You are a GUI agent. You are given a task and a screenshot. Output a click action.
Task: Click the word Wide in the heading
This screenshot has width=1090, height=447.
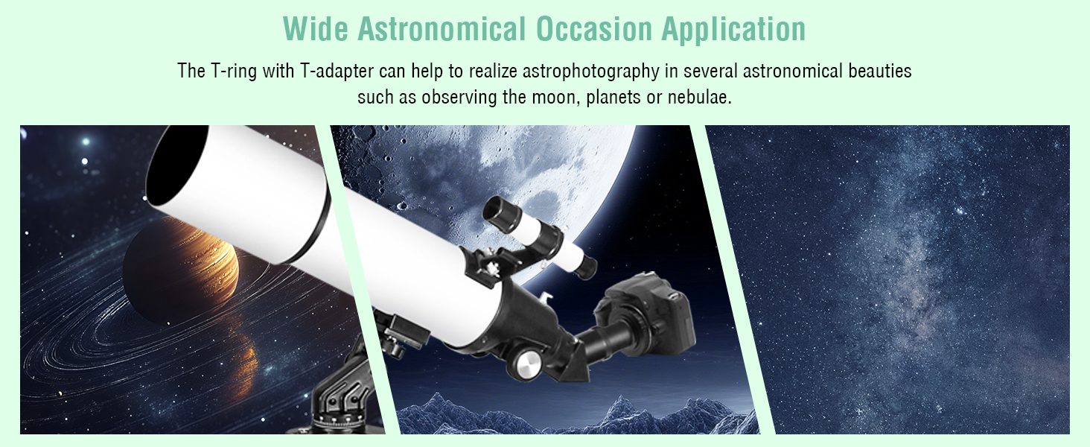316,29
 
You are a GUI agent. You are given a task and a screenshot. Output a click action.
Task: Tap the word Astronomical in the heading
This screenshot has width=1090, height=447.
442,29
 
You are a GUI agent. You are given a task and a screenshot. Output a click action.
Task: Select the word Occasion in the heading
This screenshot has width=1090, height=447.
594,29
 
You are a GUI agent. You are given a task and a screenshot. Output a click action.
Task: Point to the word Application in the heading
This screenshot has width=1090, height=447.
733,30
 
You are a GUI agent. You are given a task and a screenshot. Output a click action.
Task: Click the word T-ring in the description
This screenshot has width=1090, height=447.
234,71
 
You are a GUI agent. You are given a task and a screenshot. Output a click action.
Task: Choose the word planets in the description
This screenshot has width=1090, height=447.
613,98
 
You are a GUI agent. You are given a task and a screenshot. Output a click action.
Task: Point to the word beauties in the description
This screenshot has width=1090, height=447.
880,71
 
